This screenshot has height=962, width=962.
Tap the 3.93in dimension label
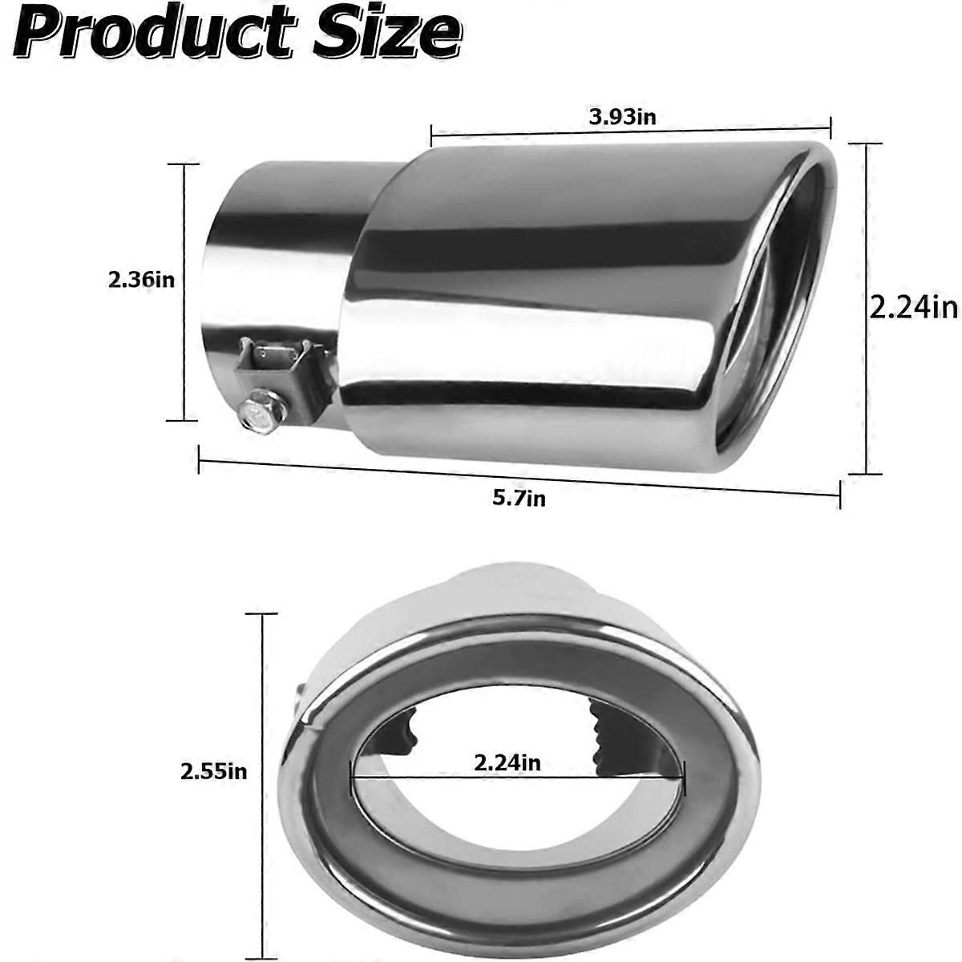click(x=623, y=117)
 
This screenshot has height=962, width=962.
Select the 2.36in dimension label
click(x=142, y=281)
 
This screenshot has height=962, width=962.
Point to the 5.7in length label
click(x=519, y=498)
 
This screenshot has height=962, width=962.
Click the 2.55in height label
click(x=214, y=772)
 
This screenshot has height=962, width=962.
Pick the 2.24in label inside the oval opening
click(x=507, y=762)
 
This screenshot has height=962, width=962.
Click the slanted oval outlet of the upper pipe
click(x=782, y=305)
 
